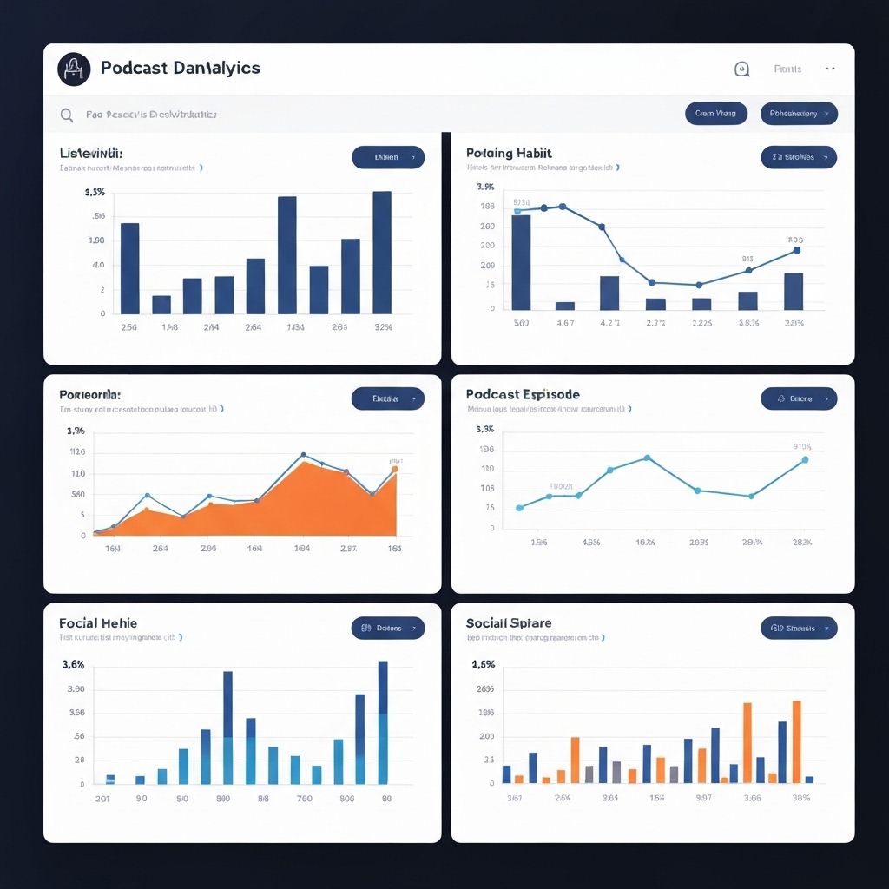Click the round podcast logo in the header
coord(74,69)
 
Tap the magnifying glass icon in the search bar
coord(67,115)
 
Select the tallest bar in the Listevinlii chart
coord(381,252)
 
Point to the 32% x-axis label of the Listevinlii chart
coord(383,327)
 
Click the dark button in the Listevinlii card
coord(388,157)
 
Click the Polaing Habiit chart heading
coord(509,153)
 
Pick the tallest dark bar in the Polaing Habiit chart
coord(521,261)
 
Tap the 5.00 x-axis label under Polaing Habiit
coord(521,323)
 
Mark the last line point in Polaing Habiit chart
coord(797,250)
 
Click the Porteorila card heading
coord(90,394)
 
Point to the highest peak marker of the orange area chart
coord(303,455)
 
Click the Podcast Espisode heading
coord(523,394)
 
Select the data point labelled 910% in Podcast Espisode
coord(805,459)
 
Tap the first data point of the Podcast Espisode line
coord(519,508)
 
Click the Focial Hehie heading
coord(98,623)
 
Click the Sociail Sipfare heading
coord(509,623)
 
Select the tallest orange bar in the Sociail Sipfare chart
coord(796,741)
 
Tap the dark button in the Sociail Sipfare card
coord(799,628)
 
